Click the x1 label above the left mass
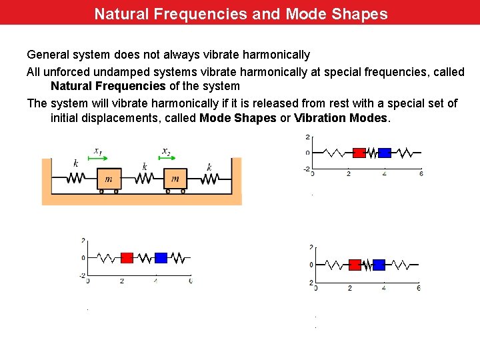tap(97, 151)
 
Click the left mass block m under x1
tap(109, 178)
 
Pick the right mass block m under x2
tap(175, 178)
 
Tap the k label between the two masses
tap(145, 167)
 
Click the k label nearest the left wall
tap(75, 163)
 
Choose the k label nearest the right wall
tap(209, 167)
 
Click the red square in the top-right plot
tap(359, 153)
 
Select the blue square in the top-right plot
tap(384, 153)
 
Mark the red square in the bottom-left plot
tap(127, 257)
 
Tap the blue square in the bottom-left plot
tap(161, 257)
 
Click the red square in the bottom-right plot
tap(355, 265)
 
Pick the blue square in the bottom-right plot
tap(379, 265)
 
